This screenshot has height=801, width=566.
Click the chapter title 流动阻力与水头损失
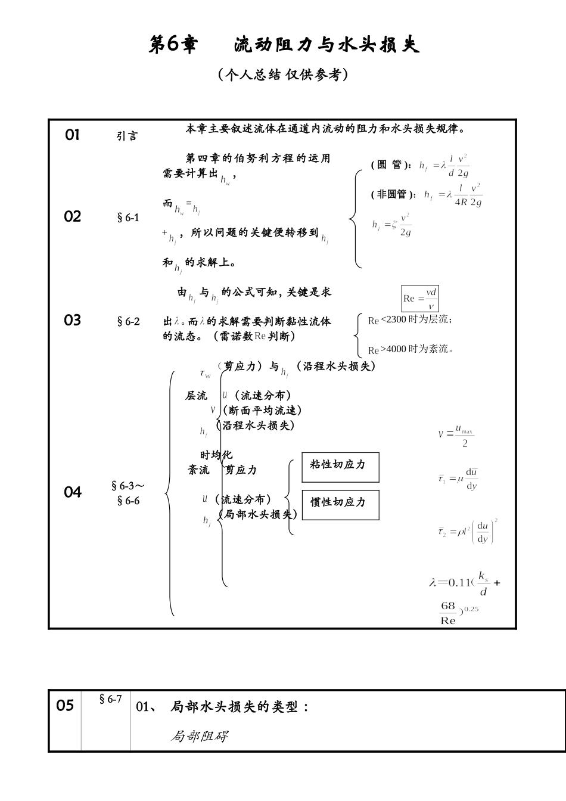[x=326, y=44]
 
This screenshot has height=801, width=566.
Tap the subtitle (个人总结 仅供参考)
[x=283, y=74]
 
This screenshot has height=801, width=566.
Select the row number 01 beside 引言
[x=72, y=135]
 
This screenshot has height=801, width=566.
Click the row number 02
[x=72, y=216]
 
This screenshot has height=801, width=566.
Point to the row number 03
[x=72, y=320]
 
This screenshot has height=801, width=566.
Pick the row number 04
[x=72, y=492]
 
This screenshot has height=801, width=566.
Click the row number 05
[x=65, y=705]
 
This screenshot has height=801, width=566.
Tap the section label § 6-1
[x=128, y=218]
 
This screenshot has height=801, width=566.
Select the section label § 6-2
[x=128, y=321]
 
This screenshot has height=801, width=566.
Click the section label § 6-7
[x=111, y=698]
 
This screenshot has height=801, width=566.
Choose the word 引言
[x=126, y=136]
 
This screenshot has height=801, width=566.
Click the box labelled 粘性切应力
[x=340, y=467]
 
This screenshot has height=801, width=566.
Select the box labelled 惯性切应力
[x=340, y=504]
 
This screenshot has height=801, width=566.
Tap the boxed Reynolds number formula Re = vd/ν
[x=420, y=298]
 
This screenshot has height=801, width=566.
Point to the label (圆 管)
[x=390, y=165]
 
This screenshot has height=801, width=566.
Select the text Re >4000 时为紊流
[x=410, y=349]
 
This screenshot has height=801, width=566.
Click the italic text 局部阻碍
[x=199, y=736]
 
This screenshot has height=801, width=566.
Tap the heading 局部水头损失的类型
[x=240, y=707]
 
